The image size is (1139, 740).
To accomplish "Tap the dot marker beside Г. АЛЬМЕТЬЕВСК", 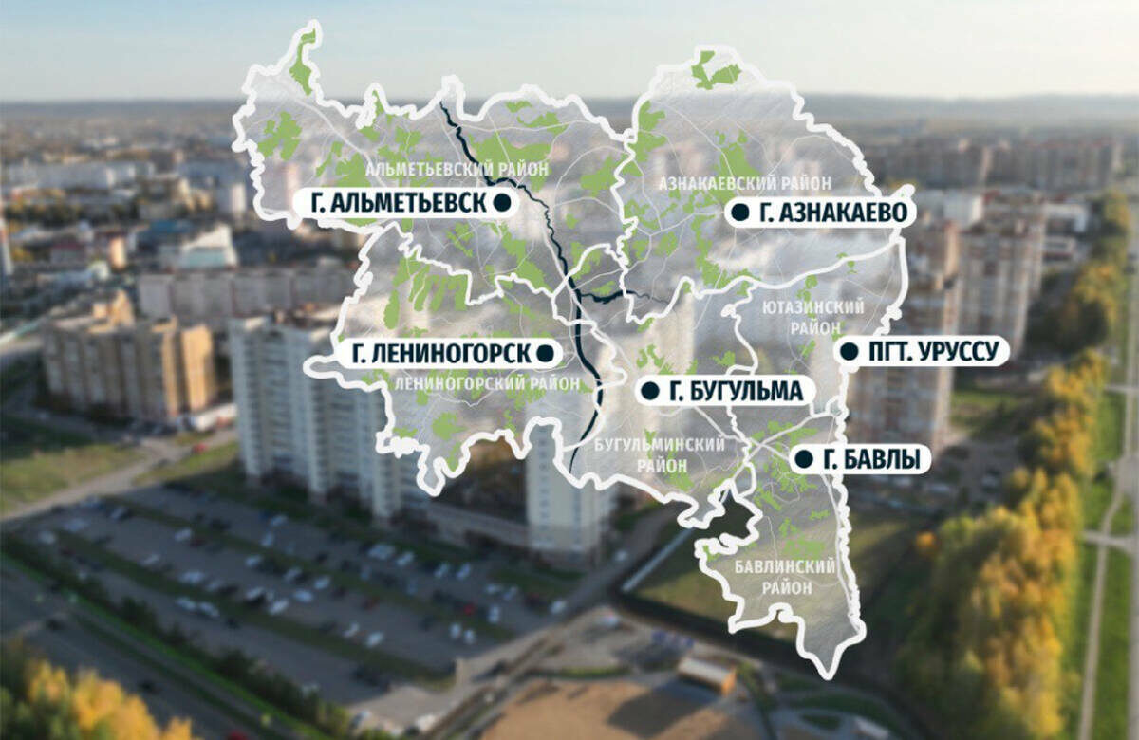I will coord(502,202).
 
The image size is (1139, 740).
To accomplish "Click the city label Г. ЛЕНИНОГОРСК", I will coord(440,354).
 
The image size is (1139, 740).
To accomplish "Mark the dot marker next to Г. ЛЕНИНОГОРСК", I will coord(545,354).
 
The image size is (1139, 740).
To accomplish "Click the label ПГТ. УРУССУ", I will coord(933,352).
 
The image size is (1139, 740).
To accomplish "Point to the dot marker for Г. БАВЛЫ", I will coord(803,459).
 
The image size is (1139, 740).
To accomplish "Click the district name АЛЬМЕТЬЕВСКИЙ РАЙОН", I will coord(443,168).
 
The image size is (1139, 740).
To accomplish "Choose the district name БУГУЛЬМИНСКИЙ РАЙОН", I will coord(661,454).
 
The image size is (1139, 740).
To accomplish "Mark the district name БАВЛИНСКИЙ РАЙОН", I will coord(785,577).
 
